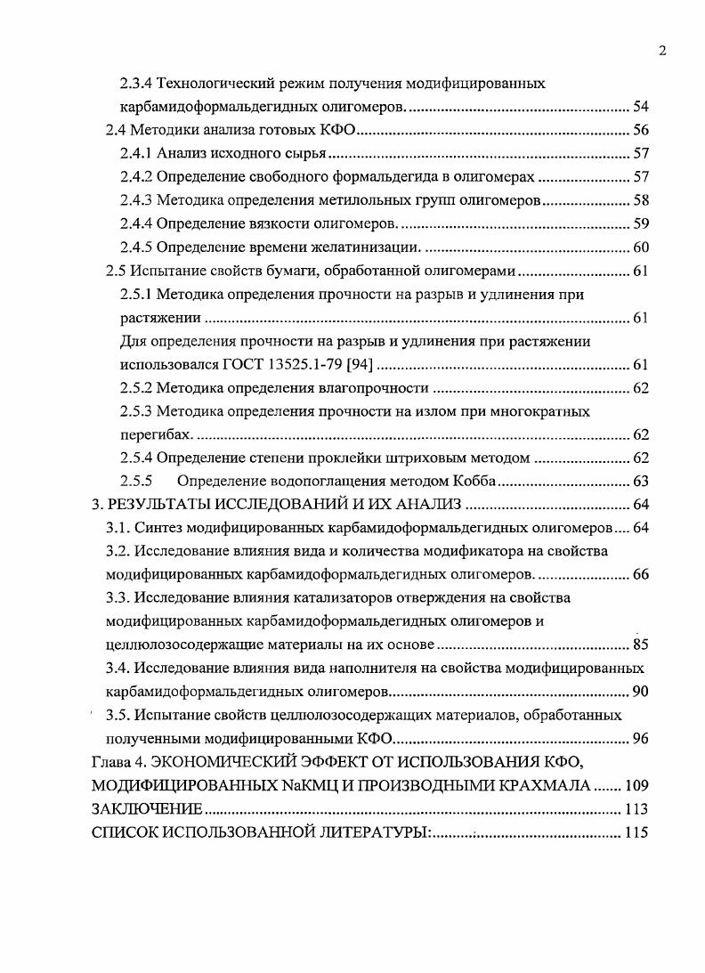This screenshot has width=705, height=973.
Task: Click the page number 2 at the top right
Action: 661,51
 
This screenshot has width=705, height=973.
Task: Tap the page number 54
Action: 640,107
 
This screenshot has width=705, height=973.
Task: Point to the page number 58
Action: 640,199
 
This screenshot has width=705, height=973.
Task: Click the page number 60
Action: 640,247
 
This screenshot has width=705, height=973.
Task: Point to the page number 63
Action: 640,482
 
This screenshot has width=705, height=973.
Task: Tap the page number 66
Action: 640,574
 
